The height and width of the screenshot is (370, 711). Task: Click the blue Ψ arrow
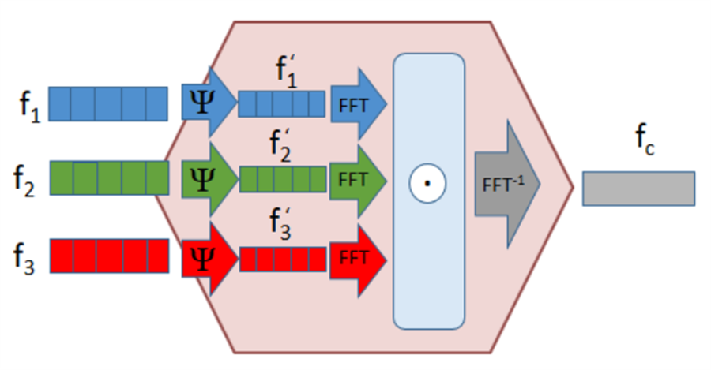(x=209, y=103)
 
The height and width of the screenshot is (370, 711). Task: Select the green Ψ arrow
(x=209, y=179)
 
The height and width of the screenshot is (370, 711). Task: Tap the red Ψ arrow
(x=209, y=259)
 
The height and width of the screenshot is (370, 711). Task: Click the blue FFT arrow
(x=358, y=104)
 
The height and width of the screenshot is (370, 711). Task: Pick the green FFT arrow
(x=358, y=180)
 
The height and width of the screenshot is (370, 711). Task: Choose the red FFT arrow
(x=358, y=260)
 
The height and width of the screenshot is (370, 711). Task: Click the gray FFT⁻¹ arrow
(x=507, y=184)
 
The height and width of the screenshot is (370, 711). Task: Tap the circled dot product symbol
(x=427, y=183)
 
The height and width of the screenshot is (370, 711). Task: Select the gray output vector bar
(x=638, y=189)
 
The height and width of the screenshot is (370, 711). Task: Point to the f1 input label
(x=30, y=107)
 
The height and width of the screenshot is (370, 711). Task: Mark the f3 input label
(x=24, y=259)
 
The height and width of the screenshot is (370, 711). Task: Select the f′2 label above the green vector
(x=280, y=146)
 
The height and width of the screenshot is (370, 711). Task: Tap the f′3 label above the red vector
(x=280, y=223)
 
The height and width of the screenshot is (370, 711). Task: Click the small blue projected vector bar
(x=281, y=103)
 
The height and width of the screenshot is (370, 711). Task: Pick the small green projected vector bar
(x=283, y=179)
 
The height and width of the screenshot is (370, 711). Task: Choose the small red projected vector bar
(x=283, y=259)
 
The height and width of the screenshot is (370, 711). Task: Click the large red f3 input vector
(x=109, y=256)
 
